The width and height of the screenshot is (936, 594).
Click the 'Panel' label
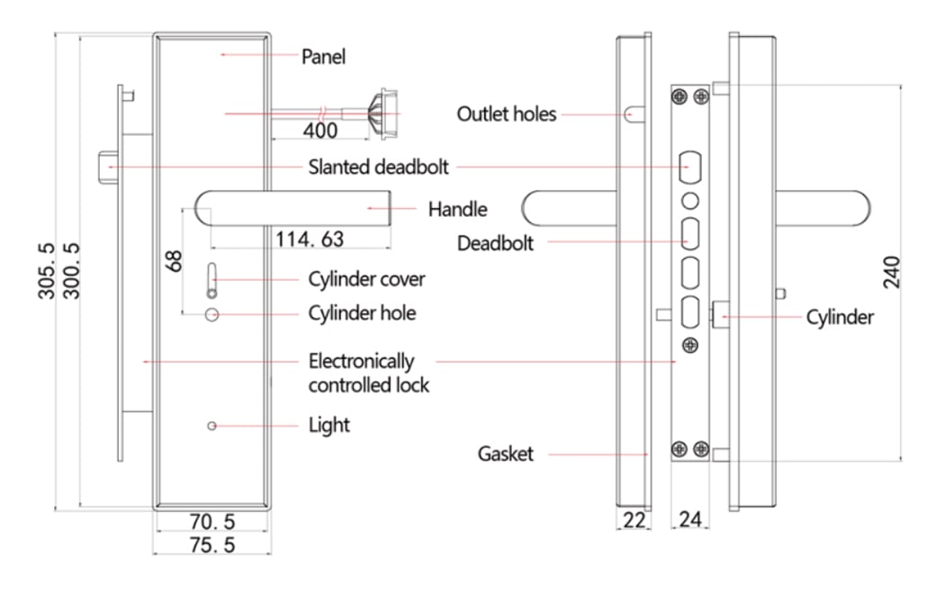tap(323, 57)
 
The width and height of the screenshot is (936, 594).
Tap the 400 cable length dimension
tap(320, 130)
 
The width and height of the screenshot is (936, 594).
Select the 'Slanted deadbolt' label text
tap(378, 166)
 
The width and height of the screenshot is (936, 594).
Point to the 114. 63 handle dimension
tap(310, 238)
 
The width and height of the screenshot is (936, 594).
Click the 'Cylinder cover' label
tap(366, 279)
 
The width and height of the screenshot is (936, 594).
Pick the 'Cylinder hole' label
tap(362, 313)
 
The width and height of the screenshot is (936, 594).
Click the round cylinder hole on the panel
tap(211, 314)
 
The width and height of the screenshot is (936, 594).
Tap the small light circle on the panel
tap(211, 426)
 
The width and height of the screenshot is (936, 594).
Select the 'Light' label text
tap(328, 425)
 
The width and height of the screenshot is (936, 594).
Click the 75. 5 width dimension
tap(211, 544)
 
